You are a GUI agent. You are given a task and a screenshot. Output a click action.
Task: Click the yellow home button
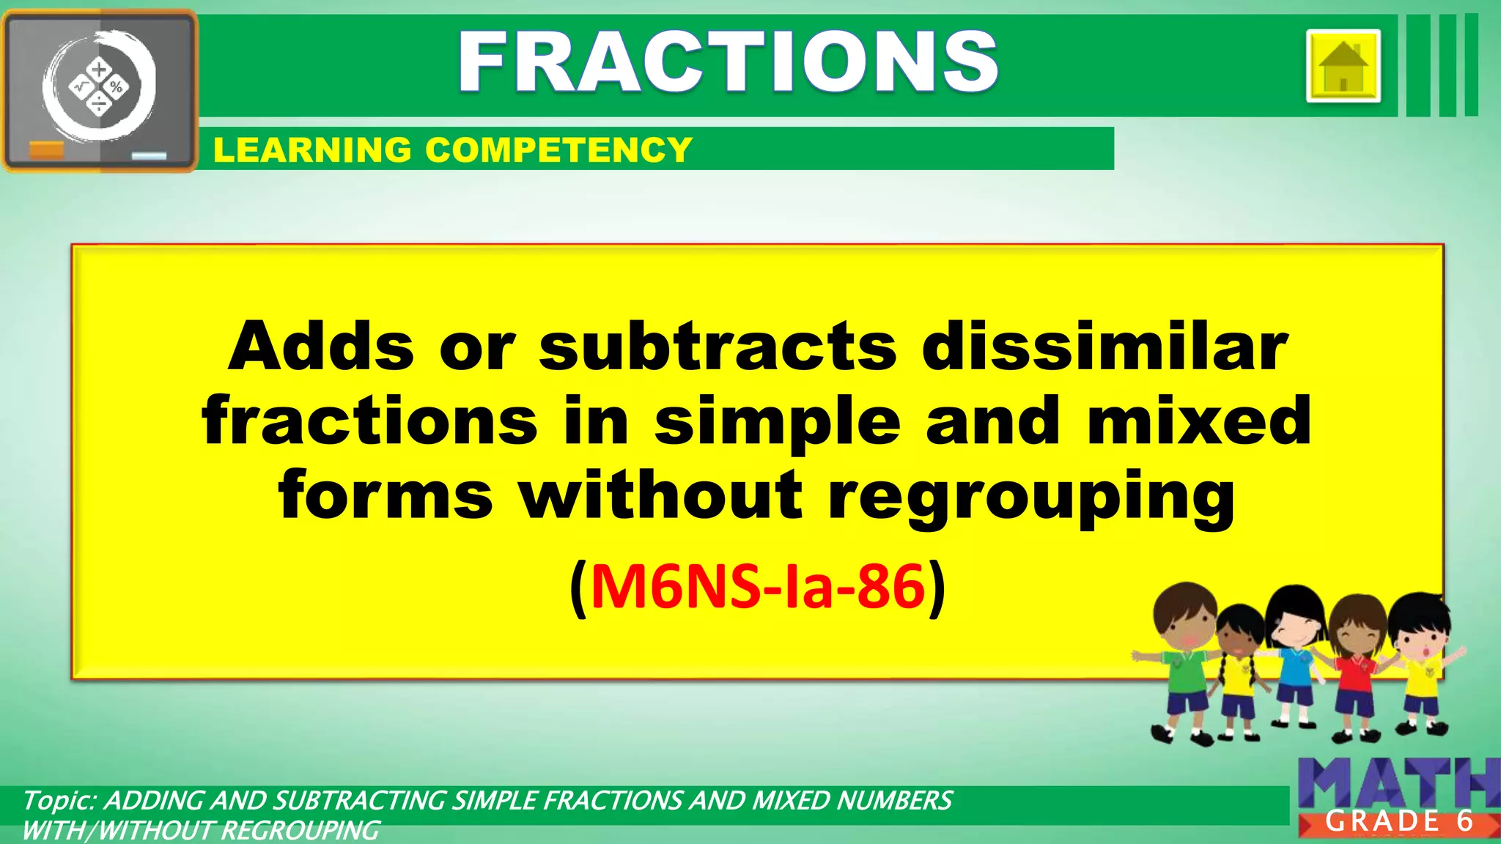pyautogui.click(x=1343, y=66)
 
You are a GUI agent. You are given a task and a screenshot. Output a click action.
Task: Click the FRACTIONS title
pyautogui.click(x=728, y=62)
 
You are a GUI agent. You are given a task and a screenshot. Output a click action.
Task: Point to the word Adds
pyautogui.click(x=321, y=347)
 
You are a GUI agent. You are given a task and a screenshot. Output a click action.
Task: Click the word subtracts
pyautogui.click(x=718, y=347)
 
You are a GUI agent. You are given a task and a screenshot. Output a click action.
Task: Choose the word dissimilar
pyautogui.click(x=1104, y=347)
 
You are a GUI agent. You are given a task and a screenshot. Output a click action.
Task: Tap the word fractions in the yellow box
pyautogui.click(x=370, y=421)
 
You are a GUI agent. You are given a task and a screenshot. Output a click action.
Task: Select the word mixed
pyautogui.click(x=1199, y=421)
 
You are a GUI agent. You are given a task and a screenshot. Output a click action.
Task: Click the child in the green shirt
pyautogui.click(x=1181, y=659)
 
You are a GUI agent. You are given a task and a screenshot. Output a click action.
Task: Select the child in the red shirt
pyautogui.click(x=1356, y=667)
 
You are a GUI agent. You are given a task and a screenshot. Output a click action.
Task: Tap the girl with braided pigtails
pyautogui.click(x=1239, y=667)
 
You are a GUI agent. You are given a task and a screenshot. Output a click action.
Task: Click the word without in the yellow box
pyautogui.click(x=661, y=497)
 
